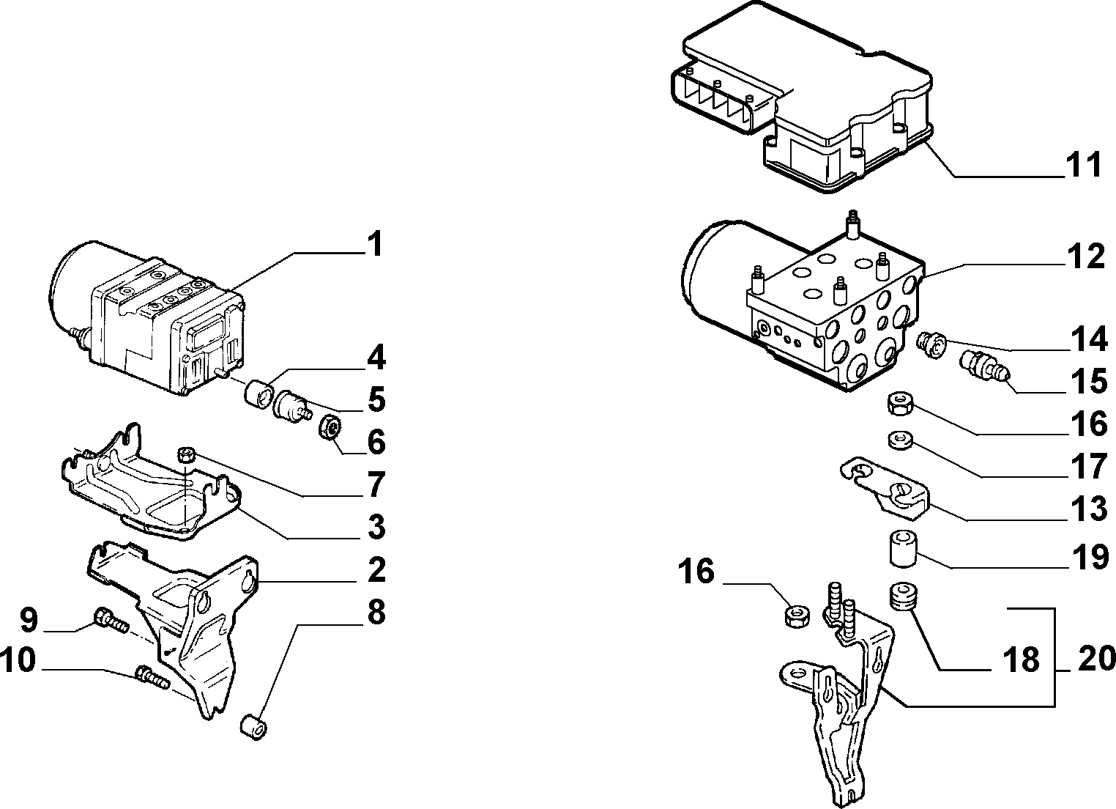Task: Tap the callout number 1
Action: [374, 243]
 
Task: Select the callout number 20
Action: [1096, 659]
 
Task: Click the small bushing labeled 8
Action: [253, 728]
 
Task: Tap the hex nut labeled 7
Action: [186, 456]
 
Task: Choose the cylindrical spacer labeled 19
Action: [904, 549]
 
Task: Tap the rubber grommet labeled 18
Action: [903, 598]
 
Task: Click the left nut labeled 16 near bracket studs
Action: [797, 616]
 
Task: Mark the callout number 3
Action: [376, 528]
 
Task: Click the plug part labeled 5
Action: [291, 407]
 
